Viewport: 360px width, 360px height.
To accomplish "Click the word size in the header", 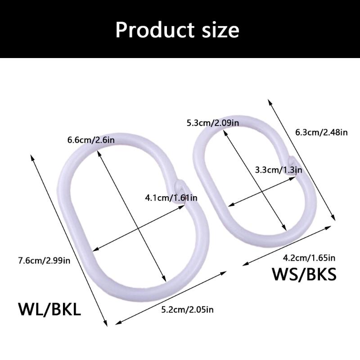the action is click(220, 30).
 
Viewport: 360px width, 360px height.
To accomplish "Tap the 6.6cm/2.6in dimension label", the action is click(91, 140).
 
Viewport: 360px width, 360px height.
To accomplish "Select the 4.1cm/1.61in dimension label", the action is click(171, 198).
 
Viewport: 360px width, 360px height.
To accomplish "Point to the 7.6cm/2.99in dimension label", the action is click(44, 261).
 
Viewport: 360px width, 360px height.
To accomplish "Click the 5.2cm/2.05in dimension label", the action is click(187, 310).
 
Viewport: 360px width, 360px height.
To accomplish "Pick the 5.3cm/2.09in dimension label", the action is click(213, 123).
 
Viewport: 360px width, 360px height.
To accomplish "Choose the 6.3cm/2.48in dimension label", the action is click(321, 132).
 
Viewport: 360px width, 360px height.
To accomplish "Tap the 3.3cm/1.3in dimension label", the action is click(279, 170).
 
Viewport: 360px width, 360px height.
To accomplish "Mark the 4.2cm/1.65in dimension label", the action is click(309, 258).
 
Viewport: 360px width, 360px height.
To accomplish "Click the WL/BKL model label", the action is click(49, 309).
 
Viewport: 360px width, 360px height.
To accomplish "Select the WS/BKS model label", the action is click(304, 274).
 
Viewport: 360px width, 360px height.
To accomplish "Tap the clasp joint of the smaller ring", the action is click(292, 164).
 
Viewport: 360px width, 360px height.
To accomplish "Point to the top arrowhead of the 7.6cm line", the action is click(32, 157).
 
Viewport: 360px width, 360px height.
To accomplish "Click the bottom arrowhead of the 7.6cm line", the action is click(106, 324).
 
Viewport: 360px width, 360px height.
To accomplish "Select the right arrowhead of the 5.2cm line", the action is click(224, 273).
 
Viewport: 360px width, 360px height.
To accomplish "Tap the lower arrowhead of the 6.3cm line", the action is click(333, 218).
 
